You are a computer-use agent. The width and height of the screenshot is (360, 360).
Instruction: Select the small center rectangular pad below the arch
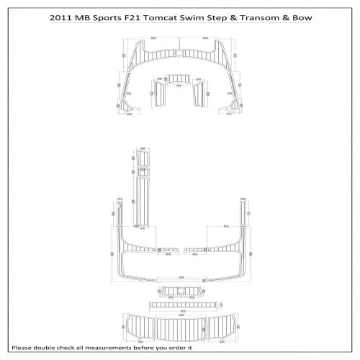coord(179,80)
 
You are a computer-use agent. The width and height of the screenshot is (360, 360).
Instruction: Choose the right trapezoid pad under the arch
coord(199,91)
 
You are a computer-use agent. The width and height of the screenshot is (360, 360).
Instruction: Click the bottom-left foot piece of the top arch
coord(130,107)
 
